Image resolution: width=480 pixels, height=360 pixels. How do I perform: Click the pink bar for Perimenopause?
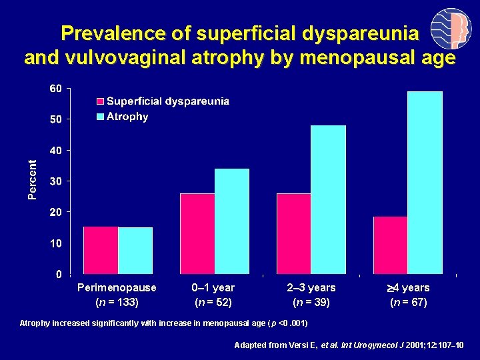click(101, 250)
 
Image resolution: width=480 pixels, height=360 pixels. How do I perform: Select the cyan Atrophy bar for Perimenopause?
click(135, 251)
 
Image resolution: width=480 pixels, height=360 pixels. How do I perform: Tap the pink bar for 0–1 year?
click(197, 233)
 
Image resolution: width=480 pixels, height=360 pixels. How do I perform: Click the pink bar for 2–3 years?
click(293, 233)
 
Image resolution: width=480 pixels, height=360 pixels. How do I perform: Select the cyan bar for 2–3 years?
click(328, 199)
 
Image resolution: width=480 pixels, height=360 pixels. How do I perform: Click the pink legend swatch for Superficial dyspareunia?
click(101, 102)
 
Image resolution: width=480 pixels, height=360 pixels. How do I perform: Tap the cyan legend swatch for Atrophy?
click(101, 117)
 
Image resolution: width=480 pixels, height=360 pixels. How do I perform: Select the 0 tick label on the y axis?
click(59, 274)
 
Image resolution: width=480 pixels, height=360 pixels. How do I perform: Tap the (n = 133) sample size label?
click(117, 303)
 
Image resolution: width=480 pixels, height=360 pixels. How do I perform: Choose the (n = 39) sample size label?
click(311, 303)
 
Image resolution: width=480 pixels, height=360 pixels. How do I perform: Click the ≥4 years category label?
click(409, 288)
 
